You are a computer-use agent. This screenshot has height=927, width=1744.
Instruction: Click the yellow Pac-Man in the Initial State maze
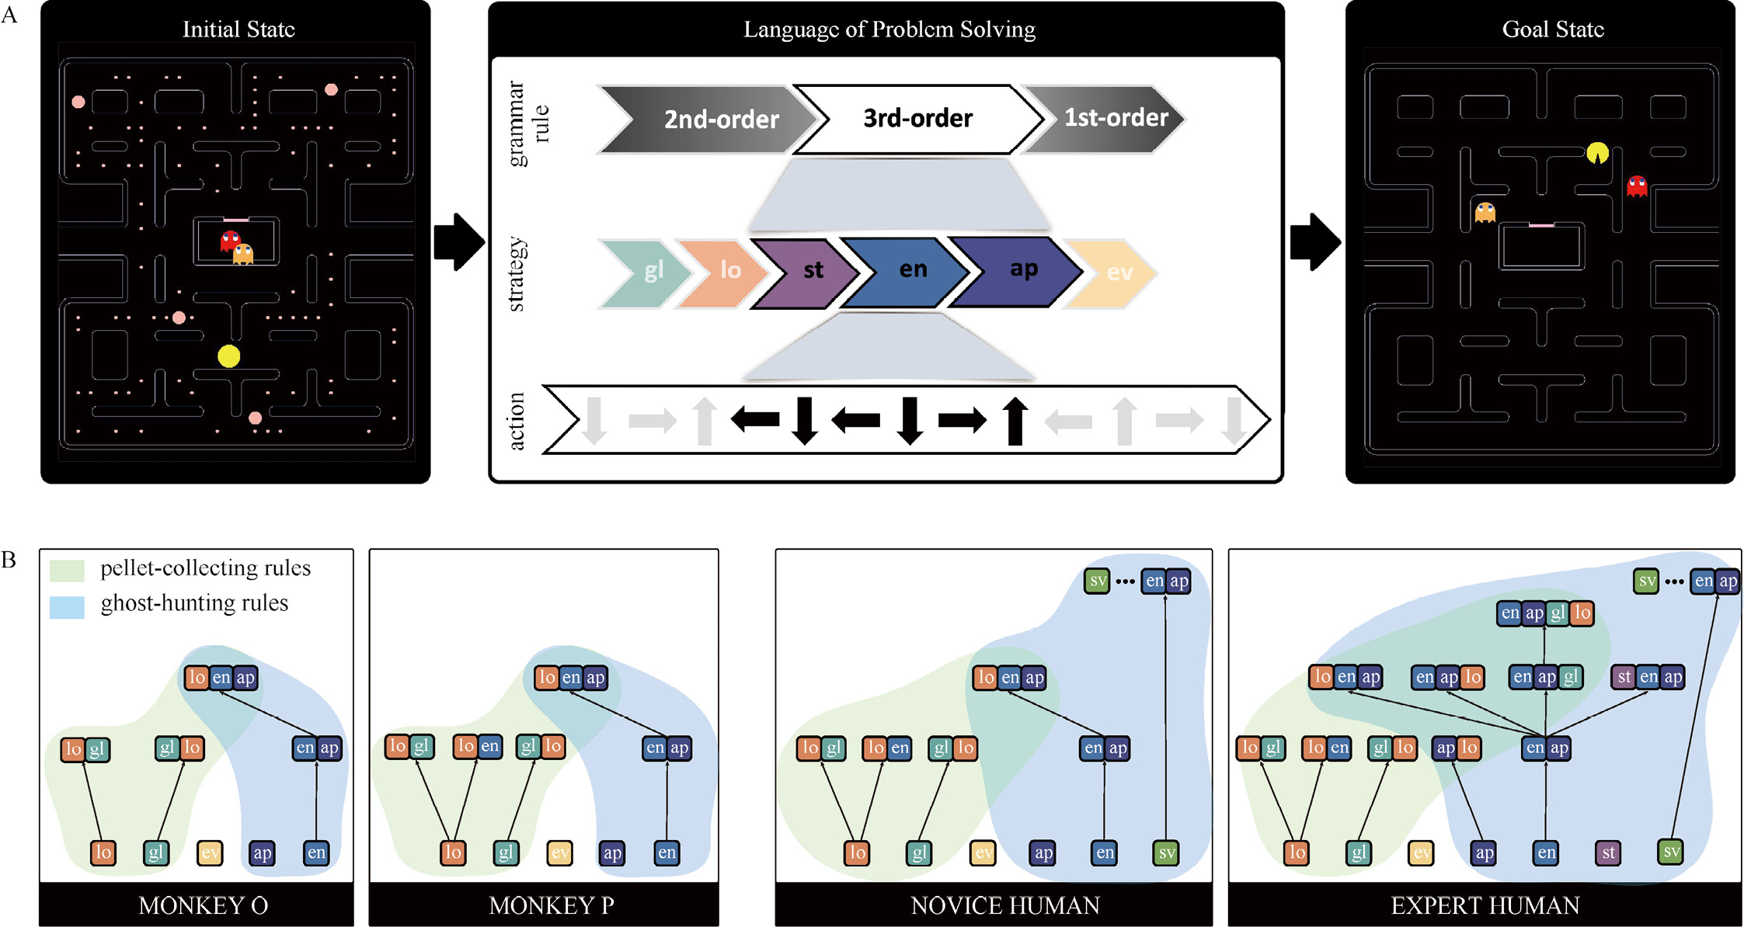[228, 356]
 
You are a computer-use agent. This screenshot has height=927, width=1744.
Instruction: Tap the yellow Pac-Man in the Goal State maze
[1597, 154]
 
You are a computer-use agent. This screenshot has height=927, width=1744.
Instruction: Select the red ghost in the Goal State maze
[1637, 186]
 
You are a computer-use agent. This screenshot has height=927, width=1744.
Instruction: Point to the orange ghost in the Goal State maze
[1485, 212]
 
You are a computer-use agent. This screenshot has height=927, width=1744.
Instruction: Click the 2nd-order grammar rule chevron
[711, 119]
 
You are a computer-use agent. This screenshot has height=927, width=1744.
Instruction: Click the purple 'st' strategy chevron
[808, 271]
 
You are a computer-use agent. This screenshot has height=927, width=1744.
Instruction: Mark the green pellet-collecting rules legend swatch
[67, 570]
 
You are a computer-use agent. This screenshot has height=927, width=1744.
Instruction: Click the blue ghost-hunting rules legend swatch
[67, 606]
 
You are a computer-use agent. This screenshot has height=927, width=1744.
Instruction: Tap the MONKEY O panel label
[203, 905]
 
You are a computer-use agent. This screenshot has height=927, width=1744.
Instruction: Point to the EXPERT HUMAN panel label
[1485, 905]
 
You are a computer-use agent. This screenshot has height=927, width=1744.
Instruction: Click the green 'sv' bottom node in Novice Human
[1166, 853]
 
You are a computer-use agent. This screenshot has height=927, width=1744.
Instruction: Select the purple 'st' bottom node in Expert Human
[1608, 853]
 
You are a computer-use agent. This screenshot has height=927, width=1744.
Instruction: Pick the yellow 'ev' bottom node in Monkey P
[559, 853]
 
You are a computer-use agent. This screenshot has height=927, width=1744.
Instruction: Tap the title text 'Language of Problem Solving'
[889, 30]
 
